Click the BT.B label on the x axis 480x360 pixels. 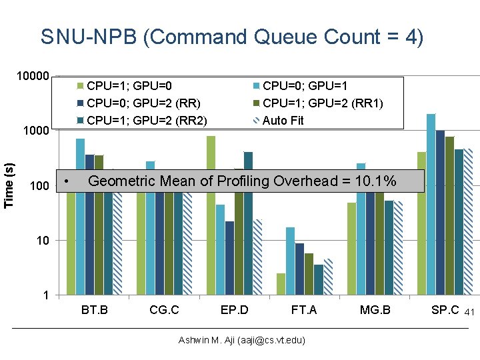(x=94, y=310)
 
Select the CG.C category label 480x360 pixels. (x=164, y=310)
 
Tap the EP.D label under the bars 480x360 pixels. (x=234, y=310)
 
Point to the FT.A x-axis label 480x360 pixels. (x=304, y=310)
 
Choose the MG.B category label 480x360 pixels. (x=375, y=310)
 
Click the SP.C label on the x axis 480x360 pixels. (x=445, y=310)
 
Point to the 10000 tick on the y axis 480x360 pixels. (x=32, y=76)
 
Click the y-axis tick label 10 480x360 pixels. (x=42, y=240)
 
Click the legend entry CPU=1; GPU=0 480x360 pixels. (x=129, y=85)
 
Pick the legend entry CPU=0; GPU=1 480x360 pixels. (x=305, y=85)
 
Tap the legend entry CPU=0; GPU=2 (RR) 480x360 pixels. (x=144, y=103)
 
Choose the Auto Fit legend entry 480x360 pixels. (x=283, y=121)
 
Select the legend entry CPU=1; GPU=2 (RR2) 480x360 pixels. (x=147, y=121)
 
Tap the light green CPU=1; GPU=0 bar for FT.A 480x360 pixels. (x=281, y=284)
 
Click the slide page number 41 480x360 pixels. (x=469, y=312)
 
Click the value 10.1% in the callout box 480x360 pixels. (x=376, y=181)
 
